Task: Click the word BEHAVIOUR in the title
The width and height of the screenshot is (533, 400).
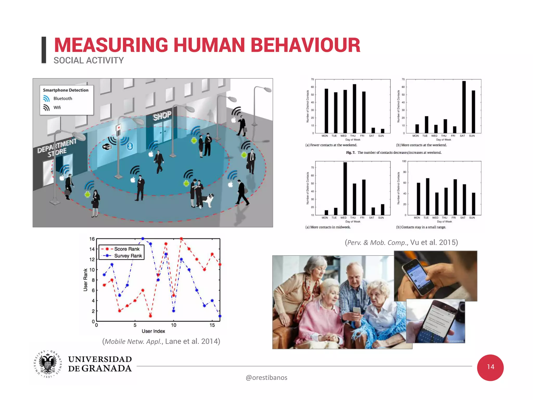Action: point(305,45)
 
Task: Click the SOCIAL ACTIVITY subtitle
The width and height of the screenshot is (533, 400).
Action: point(88,60)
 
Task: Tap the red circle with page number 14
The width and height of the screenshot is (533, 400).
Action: point(490,367)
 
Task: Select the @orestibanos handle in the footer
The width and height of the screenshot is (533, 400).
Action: point(266,378)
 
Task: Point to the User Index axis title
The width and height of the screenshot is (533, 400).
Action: point(153,331)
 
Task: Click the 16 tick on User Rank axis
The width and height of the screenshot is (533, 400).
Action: point(92,239)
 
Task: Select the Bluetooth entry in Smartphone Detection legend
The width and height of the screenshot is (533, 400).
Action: point(62,98)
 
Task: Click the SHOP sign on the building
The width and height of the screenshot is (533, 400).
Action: point(162,116)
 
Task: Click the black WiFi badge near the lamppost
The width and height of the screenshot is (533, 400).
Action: point(107,147)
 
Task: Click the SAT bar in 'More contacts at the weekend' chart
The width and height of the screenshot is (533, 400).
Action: point(464,107)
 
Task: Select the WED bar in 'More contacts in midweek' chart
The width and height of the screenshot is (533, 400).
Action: point(345,189)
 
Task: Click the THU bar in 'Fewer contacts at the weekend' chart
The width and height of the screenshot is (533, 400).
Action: point(354,109)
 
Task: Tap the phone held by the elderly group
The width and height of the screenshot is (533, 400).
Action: point(357,311)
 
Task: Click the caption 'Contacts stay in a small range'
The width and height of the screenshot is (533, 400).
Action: point(421,227)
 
